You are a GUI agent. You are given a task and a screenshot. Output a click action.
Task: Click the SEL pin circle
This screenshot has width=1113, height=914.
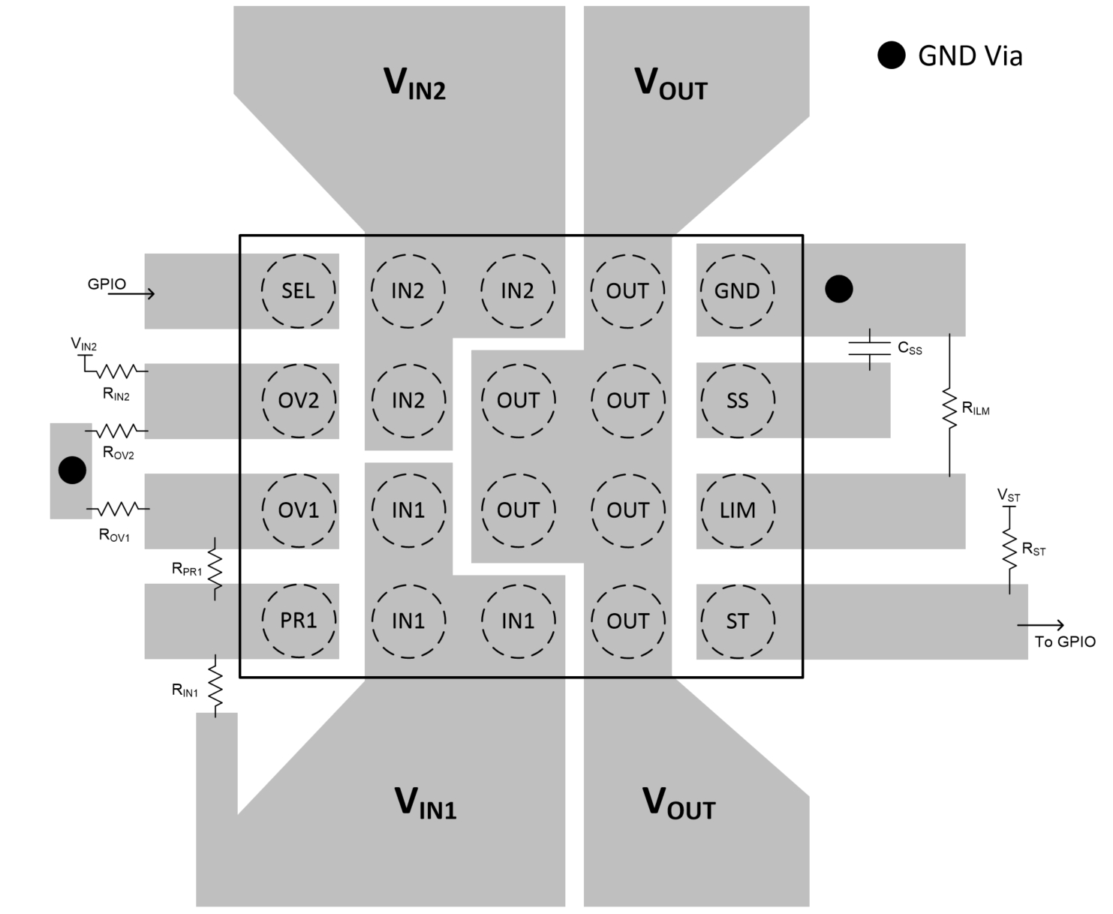click(x=298, y=290)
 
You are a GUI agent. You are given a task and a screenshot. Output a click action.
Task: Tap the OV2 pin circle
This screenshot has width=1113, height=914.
click(x=298, y=400)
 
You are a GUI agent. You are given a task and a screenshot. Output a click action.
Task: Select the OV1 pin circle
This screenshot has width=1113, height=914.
click(x=298, y=510)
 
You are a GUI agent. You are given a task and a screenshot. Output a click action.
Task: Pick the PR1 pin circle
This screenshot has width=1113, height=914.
click(x=298, y=621)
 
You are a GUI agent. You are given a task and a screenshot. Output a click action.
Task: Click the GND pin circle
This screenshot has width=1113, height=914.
click(x=736, y=290)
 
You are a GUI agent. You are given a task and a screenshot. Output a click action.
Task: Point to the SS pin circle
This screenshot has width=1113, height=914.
click(x=736, y=400)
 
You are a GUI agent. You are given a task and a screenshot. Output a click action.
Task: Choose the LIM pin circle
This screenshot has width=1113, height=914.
click(x=736, y=510)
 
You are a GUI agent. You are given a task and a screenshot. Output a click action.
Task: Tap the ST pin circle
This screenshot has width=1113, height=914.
click(x=736, y=621)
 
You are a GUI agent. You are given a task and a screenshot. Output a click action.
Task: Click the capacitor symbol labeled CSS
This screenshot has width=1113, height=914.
click(x=869, y=349)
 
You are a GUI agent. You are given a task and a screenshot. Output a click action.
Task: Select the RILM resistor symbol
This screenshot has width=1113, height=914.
click(x=949, y=409)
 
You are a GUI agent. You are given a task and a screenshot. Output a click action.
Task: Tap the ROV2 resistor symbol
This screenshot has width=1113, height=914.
click(x=116, y=431)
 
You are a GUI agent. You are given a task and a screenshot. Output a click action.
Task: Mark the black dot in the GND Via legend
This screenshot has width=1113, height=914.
click(x=892, y=56)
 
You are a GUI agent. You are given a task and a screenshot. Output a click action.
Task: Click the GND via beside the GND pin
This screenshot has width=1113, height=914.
click(x=838, y=289)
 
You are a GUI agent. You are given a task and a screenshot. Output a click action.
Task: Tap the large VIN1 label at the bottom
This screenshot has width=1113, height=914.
click(x=425, y=803)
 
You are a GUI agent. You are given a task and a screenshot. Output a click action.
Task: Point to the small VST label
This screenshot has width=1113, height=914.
click(x=1008, y=495)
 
